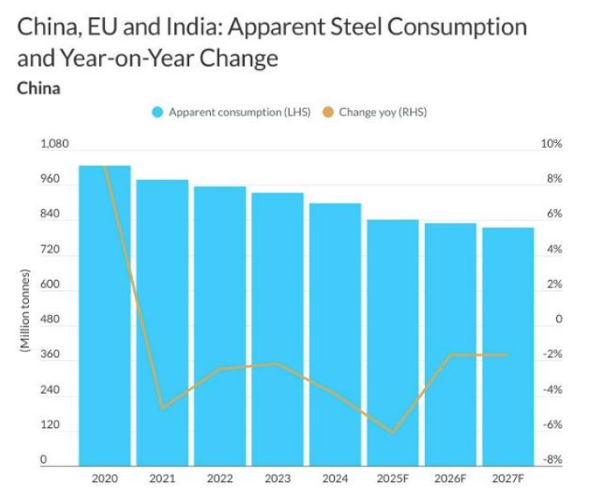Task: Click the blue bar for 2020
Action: coord(105,314)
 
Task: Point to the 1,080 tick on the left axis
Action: coord(55,144)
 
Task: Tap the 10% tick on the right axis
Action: coord(551,144)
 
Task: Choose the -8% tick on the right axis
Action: coord(551,460)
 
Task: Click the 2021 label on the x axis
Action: coord(162,478)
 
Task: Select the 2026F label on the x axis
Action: coord(450,478)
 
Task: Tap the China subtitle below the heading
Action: coord(38,88)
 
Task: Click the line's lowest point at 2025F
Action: coord(393,432)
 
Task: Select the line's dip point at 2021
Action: coord(162,408)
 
